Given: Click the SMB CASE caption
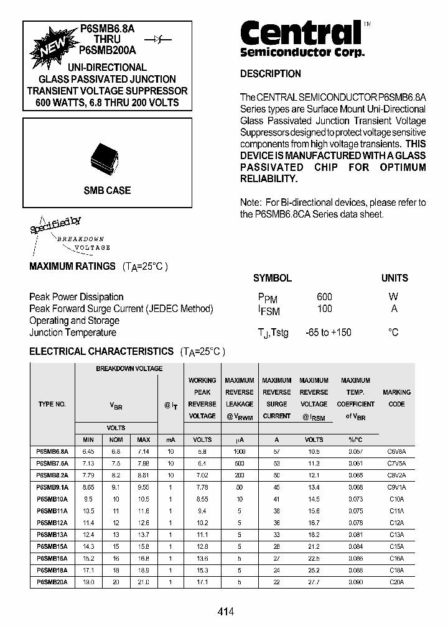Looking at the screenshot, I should pyautogui.click(x=107, y=191).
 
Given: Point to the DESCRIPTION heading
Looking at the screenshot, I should pyautogui.click(x=270, y=73).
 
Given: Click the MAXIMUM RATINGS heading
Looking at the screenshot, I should pyautogui.click(x=72, y=266).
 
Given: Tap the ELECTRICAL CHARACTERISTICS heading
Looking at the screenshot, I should pyautogui.click(x=101, y=351).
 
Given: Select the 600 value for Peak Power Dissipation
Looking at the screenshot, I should pyautogui.click(x=324, y=296).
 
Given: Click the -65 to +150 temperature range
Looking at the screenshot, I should pyautogui.click(x=328, y=333).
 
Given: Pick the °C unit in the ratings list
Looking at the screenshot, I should pyautogui.click(x=393, y=333).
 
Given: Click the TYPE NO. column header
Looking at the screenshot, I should pyautogui.click(x=52, y=404).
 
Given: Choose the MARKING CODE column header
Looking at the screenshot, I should pyautogui.click(x=396, y=398).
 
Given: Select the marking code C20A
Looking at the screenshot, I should pyautogui.click(x=396, y=582).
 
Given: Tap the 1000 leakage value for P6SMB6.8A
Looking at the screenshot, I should pyautogui.click(x=239, y=451).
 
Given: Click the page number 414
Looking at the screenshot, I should pyautogui.click(x=226, y=612).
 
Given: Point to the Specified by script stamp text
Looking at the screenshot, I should pyautogui.click(x=56, y=224).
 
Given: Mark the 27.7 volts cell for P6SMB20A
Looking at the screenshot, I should pyautogui.click(x=314, y=582).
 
